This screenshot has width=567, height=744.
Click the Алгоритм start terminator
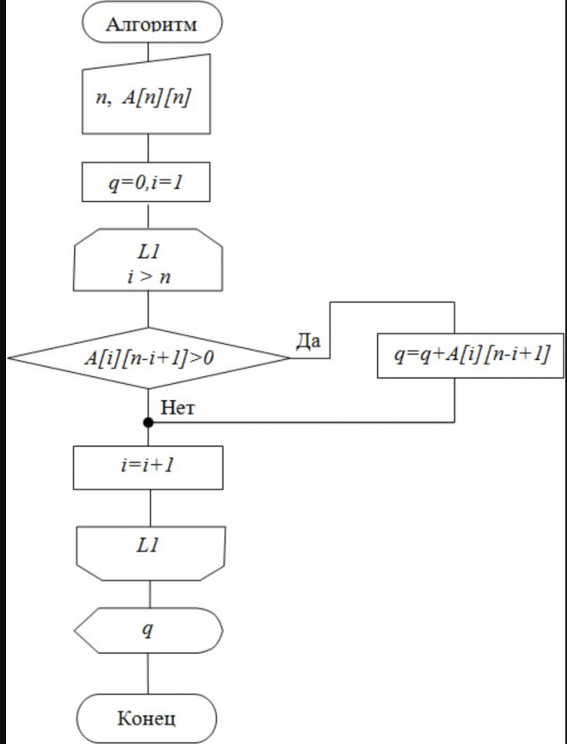152,24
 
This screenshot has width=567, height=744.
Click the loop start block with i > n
149,260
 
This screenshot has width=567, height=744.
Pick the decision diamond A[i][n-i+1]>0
148,359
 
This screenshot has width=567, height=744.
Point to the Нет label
178,409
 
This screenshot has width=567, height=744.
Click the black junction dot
148,422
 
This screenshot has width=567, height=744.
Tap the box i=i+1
148,467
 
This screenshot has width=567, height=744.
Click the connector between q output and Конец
150,674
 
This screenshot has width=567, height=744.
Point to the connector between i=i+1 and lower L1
150,507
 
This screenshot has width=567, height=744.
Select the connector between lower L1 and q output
151,592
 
